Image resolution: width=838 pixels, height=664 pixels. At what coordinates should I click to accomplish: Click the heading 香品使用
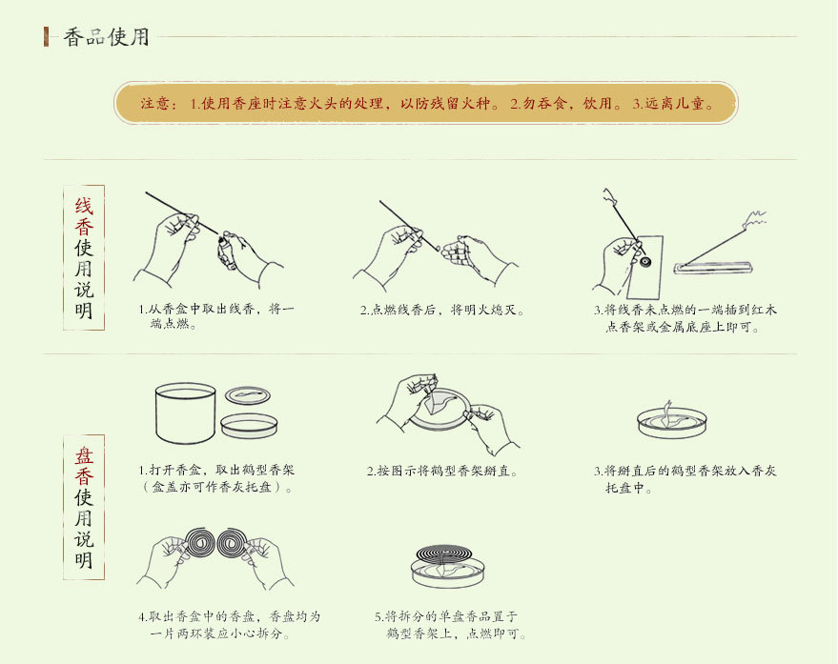(x=106, y=37)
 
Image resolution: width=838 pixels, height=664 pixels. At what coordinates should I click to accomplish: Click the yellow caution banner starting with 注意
(x=425, y=103)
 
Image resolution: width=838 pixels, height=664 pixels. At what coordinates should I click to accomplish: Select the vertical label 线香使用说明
(x=84, y=257)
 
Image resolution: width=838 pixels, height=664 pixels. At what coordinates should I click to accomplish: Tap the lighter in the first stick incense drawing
(x=226, y=250)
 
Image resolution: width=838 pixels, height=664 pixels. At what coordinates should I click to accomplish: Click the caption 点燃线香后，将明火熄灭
(x=442, y=311)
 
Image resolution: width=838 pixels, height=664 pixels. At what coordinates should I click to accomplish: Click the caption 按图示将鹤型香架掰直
(x=442, y=471)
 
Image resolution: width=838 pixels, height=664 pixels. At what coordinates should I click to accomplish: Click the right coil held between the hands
(x=232, y=544)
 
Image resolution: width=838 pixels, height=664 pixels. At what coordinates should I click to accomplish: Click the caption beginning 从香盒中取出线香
(x=215, y=317)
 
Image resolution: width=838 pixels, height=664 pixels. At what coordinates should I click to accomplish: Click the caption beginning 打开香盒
(x=215, y=479)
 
